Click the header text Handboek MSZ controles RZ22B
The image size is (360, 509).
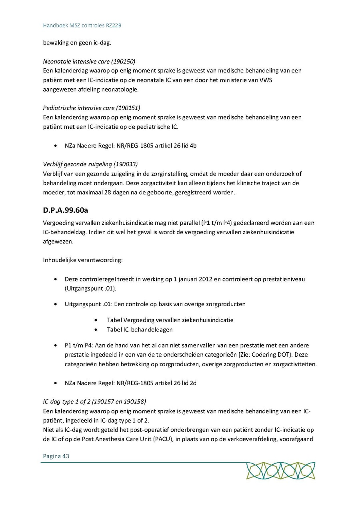click(x=82, y=26)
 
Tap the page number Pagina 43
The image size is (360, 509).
click(x=56, y=456)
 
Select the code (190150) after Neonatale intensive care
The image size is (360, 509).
click(x=124, y=62)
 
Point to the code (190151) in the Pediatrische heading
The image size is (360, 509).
click(x=128, y=108)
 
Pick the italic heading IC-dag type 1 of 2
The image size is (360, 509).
click(x=71, y=401)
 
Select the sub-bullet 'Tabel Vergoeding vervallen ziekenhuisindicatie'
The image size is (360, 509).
click(x=170, y=320)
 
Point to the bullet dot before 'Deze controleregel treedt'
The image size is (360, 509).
click(x=55, y=279)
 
